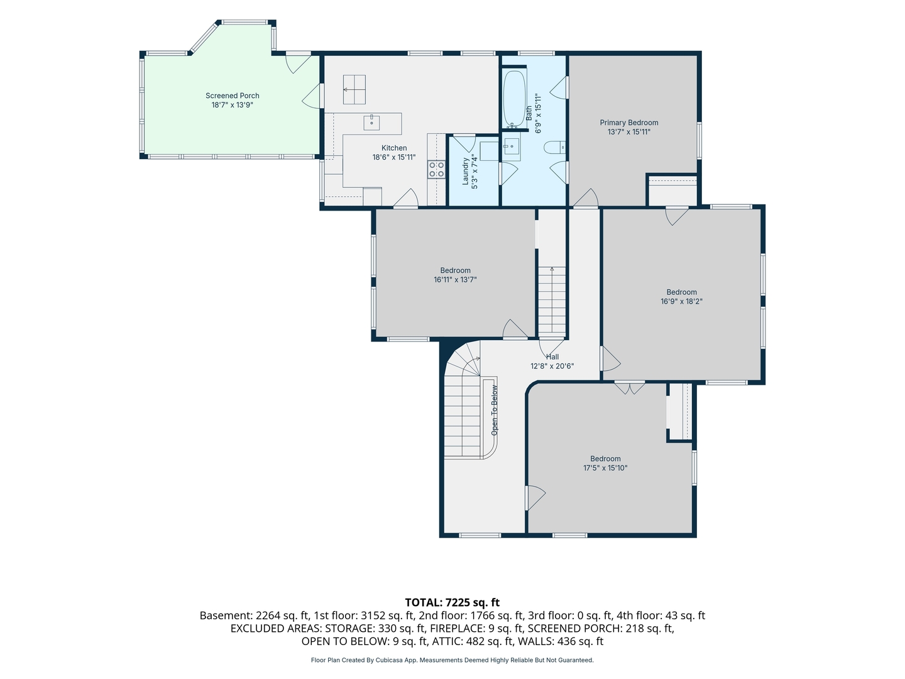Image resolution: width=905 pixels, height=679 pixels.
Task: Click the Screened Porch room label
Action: click(232, 96)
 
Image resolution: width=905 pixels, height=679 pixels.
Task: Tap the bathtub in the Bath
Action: click(514, 99)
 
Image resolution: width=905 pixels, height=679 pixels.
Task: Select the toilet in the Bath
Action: click(554, 147)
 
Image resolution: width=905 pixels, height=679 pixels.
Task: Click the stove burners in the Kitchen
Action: click(436, 170)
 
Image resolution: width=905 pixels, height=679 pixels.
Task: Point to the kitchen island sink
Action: click(371, 123)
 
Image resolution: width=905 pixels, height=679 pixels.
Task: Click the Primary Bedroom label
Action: click(628, 123)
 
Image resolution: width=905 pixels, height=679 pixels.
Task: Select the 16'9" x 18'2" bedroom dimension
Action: click(681, 301)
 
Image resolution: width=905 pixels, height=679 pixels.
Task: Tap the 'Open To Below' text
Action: click(495, 410)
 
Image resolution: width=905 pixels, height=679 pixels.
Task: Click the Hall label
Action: click(552, 357)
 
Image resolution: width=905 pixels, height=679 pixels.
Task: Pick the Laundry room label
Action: click(466, 172)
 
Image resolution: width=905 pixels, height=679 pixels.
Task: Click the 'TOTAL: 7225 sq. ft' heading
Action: click(452, 602)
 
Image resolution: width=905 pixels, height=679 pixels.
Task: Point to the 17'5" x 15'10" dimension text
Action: click(605, 468)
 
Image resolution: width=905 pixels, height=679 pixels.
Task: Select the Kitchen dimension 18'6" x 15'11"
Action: click(394, 157)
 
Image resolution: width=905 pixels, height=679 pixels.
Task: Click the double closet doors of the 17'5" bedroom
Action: click(629, 388)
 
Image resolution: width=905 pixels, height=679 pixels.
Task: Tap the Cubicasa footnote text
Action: click(452, 660)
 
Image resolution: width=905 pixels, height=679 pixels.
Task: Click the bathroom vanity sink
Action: click(512, 146)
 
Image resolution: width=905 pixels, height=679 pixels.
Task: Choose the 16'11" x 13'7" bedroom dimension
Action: click(455, 280)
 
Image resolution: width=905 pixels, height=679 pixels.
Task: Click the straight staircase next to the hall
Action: click(552, 302)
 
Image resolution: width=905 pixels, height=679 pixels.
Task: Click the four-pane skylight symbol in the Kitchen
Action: click(354, 89)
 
